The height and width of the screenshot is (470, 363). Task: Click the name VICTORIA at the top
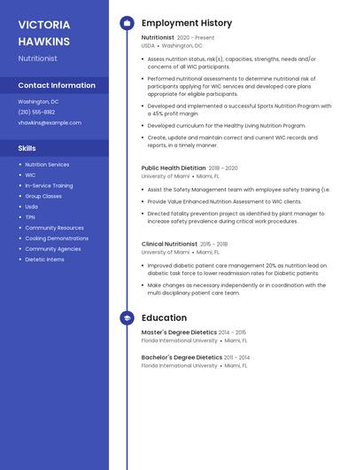[x=44, y=24]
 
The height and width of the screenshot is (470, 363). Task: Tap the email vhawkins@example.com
[x=50, y=123]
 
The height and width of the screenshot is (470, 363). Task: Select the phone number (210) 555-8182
[x=36, y=113]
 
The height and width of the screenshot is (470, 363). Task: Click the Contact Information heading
[x=57, y=86]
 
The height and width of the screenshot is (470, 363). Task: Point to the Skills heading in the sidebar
[x=27, y=148]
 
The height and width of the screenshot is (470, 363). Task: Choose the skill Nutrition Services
[x=47, y=165]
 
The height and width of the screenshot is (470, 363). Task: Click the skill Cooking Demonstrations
[x=57, y=239]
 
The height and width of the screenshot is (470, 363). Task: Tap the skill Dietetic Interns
[x=44, y=260]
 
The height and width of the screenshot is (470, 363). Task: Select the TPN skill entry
[x=30, y=217]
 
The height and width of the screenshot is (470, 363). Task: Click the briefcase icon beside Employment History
[x=127, y=23]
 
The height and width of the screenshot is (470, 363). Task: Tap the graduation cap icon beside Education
[x=127, y=317]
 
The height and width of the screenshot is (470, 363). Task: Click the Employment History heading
[x=187, y=23]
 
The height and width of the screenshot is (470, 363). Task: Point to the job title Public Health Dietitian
[x=174, y=168]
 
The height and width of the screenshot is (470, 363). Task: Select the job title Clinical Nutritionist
[x=169, y=244]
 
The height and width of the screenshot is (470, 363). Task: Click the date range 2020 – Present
[x=196, y=38]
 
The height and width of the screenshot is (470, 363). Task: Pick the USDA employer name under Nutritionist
[x=148, y=46]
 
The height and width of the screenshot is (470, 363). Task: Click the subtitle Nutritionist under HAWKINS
[x=37, y=59]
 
